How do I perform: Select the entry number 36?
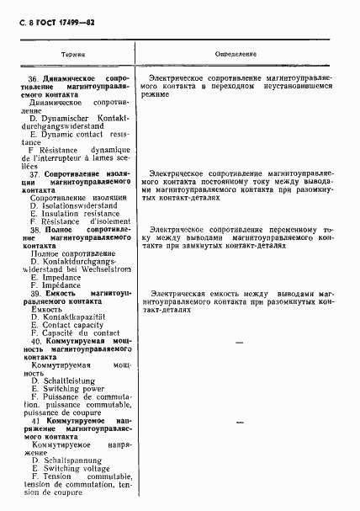[33, 78]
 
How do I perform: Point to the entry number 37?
[33, 173]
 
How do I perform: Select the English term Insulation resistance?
[77, 213]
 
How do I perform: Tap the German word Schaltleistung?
[67, 381]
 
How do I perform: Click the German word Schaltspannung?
[69, 460]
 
